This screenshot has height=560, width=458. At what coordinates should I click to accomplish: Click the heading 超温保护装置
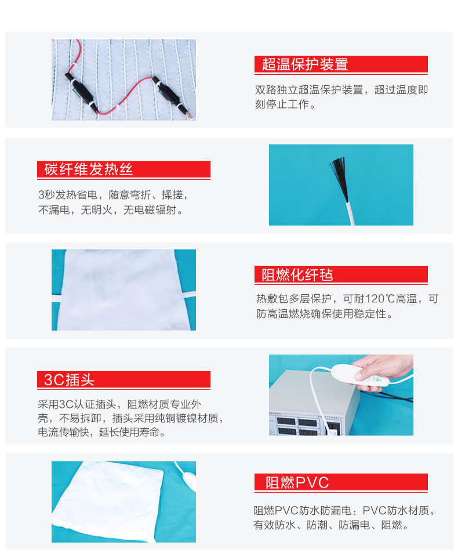click(x=305, y=64)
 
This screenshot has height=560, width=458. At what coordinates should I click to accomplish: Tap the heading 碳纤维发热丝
click(x=89, y=169)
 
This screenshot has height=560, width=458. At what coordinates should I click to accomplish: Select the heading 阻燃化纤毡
click(x=297, y=274)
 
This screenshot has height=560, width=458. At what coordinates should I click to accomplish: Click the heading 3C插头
click(x=69, y=380)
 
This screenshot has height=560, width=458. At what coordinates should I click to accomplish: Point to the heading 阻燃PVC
click(x=297, y=482)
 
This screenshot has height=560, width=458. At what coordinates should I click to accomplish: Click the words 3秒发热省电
click(x=68, y=194)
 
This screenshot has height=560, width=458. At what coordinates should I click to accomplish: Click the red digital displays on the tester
click(x=297, y=427)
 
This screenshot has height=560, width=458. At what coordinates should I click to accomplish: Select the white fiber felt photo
click(x=123, y=290)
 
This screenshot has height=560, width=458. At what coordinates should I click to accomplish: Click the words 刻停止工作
click(x=282, y=104)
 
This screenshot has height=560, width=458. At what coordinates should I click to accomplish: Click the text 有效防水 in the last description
click(x=274, y=525)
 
